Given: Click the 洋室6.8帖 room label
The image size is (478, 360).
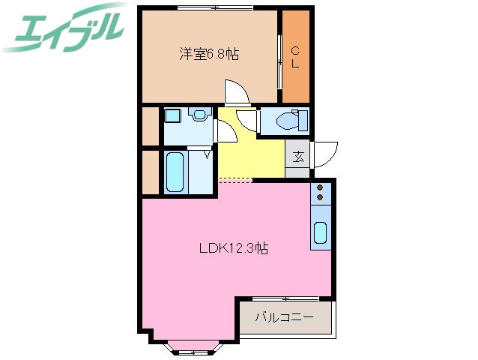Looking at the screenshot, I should tap(208, 54).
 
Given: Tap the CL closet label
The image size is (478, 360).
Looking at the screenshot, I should tap(295, 57).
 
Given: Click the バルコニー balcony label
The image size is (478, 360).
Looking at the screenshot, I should tap(283, 317).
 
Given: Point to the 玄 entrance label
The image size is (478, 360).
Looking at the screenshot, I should tap(297, 157).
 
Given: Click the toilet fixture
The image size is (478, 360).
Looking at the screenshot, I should tap(288, 120).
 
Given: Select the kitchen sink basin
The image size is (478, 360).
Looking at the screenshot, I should tap(320, 234).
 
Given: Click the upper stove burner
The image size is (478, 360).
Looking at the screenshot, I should tap(320, 187).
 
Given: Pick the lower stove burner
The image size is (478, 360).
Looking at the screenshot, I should tap(320, 197).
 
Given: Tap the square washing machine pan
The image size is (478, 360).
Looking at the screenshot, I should tap(172, 116).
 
